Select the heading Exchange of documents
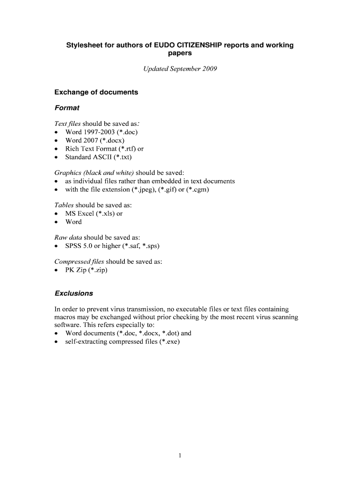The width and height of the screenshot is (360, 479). [x=96, y=92]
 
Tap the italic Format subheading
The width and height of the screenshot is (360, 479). [x=67, y=108]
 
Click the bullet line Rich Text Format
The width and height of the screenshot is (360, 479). [x=104, y=149]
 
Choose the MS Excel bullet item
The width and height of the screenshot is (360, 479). [x=94, y=214]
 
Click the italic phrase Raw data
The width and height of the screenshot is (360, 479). [x=68, y=238]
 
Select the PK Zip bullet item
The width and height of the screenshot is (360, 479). [x=86, y=270]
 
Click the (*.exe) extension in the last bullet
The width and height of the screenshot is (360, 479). [x=170, y=342]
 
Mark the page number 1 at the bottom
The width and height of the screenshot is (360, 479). [x=180, y=456]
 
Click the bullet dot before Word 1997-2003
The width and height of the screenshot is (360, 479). [x=57, y=132]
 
